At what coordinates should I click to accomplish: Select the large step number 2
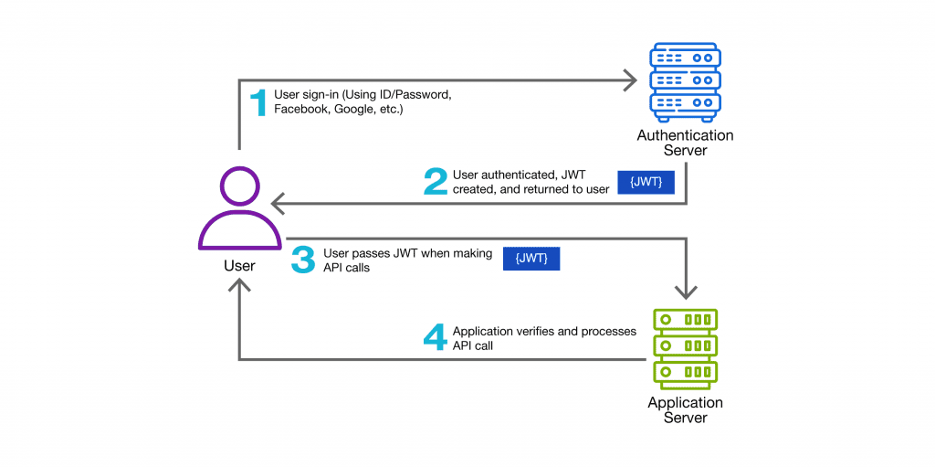(436, 181)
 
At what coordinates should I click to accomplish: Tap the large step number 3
(302, 260)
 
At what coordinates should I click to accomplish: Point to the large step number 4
(436, 338)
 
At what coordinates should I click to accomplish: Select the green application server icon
(685, 348)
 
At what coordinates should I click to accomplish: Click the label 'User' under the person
(239, 266)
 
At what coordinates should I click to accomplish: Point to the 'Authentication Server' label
(685, 143)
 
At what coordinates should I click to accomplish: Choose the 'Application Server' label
(685, 410)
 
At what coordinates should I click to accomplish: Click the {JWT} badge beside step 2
(646, 182)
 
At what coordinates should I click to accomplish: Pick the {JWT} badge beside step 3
(531, 260)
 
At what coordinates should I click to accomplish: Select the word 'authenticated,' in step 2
(527, 175)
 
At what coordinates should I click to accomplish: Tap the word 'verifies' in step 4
(540, 331)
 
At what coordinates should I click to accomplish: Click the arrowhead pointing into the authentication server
(629, 81)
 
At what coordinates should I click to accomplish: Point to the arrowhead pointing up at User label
(239, 286)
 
